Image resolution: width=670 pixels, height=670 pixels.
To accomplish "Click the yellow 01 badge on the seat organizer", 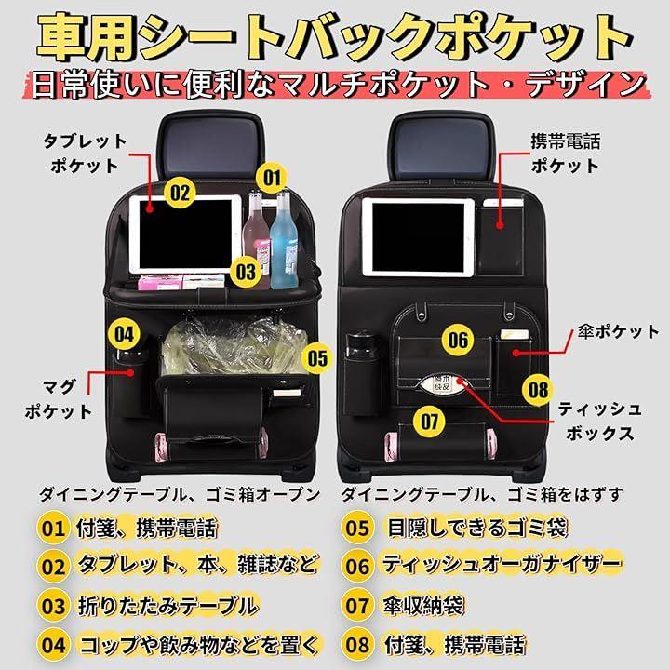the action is pyautogui.click(x=272, y=178).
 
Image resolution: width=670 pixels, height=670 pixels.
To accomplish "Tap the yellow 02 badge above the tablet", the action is pyautogui.click(x=180, y=193).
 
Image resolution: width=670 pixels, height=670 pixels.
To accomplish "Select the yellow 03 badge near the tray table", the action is pyautogui.click(x=246, y=272).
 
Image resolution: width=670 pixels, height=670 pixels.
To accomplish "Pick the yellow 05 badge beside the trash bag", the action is pyautogui.click(x=317, y=358).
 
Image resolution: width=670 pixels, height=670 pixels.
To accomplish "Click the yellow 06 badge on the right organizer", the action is pyautogui.click(x=458, y=340).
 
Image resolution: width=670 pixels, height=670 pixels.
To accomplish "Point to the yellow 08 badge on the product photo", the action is pyautogui.click(x=538, y=389).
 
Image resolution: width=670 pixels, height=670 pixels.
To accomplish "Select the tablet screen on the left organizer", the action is pyautogui.click(x=185, y=234).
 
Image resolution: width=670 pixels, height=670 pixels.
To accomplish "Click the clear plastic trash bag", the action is pyautogui.click(x=234, y=347).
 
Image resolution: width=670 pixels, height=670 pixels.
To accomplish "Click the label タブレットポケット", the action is pyautogui.click(x=84, y=154).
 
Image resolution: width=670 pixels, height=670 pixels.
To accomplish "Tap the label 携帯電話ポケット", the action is pyautogui.click(x=566, y=154).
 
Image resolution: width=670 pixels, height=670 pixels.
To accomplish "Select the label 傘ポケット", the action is pyautogui.click(x=618, y=332).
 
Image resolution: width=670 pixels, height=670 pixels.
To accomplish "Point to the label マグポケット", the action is pyautogui.click(x=59, y=398).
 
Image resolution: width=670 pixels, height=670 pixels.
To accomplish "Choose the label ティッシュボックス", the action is pyautogui.click(x=599, y=422).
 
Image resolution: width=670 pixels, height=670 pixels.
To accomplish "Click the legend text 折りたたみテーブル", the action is pyautogui.click(x=167, y=606).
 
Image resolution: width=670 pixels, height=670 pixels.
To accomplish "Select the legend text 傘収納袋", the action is pyautogui.click(x=423, y=606).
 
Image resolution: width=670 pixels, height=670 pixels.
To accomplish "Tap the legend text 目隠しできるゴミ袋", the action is pyautogui.click(x=477, y=529).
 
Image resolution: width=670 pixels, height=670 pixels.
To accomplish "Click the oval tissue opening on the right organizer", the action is pyautogui.click(x=443, y=383).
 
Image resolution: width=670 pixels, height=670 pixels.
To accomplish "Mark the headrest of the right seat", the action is pyautogui.click(x=442, y=146).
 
